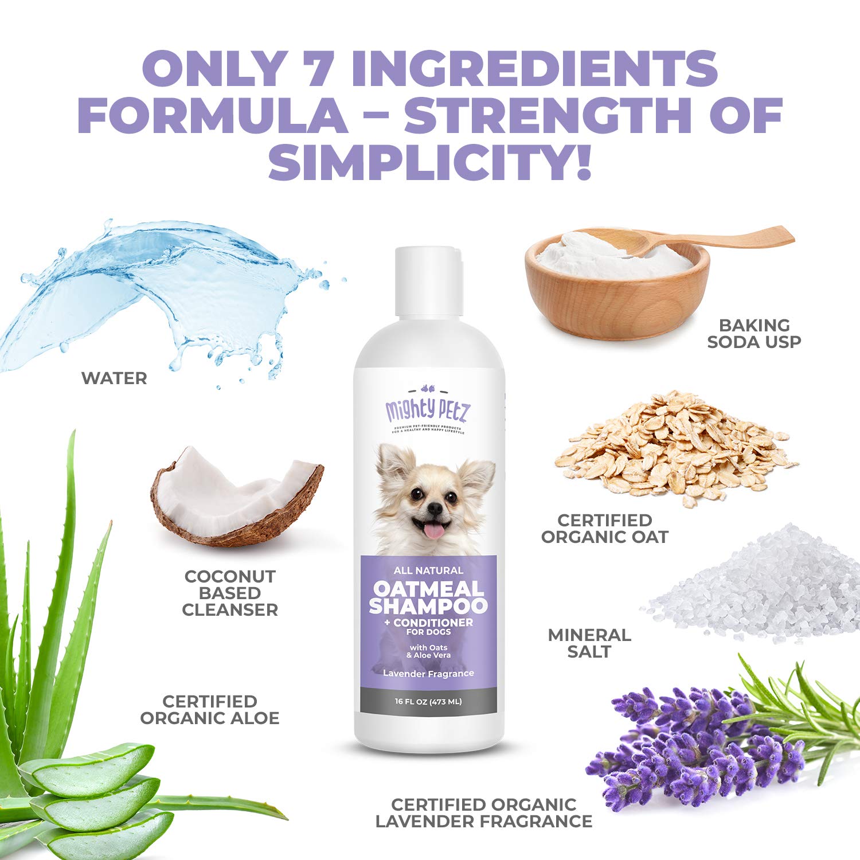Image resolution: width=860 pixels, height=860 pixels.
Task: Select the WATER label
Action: coord(114,378)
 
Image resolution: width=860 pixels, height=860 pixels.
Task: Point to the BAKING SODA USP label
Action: coord(754,333)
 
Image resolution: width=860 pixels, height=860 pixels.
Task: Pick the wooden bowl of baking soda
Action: coord(616,298)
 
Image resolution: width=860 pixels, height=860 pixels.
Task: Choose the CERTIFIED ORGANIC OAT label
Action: coord(605,529)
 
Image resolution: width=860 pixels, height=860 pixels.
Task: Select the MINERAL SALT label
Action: coord(589,643)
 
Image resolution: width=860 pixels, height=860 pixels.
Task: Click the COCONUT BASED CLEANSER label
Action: coord(230,593)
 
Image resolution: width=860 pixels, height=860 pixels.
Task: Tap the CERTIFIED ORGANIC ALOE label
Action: coord(210,710)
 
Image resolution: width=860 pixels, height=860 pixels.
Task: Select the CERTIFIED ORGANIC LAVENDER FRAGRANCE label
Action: coord(484,813)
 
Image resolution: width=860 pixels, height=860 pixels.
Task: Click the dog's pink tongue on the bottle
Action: coord(434,532)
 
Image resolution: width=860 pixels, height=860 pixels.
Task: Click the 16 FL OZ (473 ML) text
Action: coord(428,701)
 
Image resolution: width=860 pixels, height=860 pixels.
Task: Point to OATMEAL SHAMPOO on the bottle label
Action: coord(428,597)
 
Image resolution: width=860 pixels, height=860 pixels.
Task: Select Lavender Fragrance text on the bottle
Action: coord(428,674)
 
